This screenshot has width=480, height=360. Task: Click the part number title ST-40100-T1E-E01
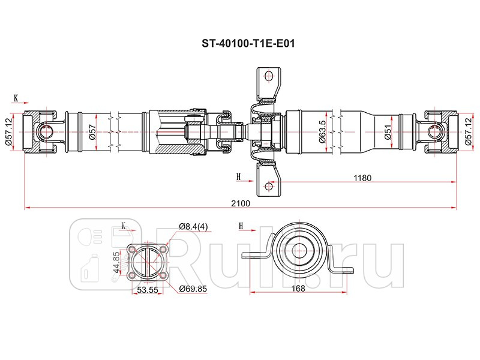click(x=240, y=44)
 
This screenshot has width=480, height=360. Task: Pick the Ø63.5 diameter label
click(x=323, y=132)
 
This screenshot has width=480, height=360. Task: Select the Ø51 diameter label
click(x=388, y=133)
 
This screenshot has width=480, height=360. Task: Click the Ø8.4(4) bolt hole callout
click(x=194, y=226)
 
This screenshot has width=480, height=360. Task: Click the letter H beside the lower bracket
click(x=238, y=176)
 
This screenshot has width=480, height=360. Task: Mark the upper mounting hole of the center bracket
click(x=268, y=77)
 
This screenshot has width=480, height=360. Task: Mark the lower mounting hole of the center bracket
click(x=268, y=187)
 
